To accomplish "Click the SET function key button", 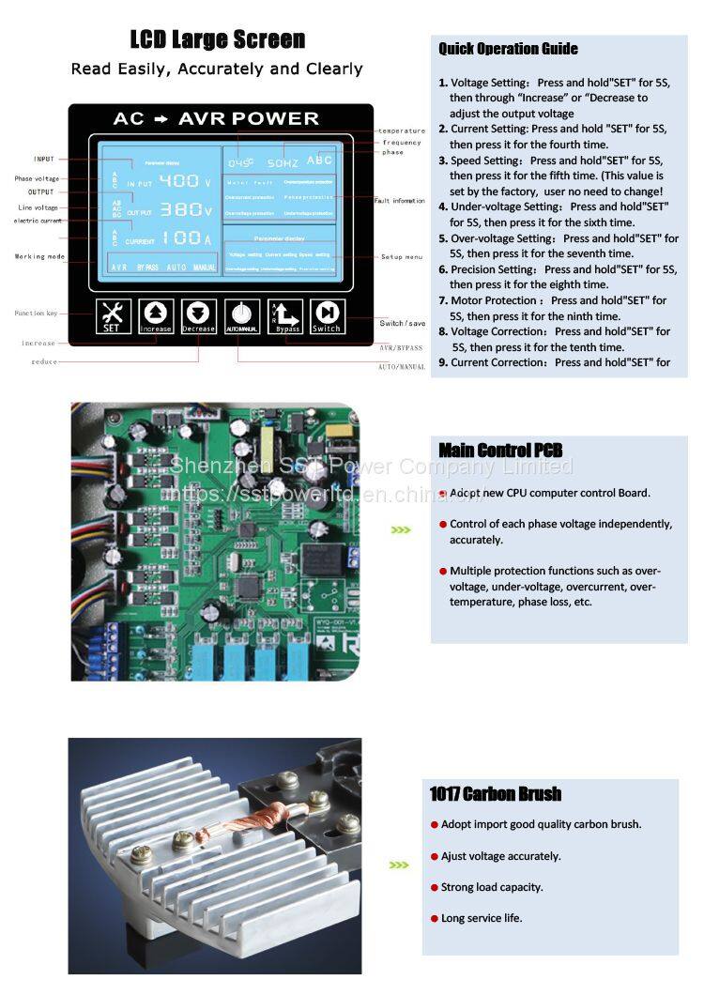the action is [111, 316].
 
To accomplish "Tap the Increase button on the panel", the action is [155, 316].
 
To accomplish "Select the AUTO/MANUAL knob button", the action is [241, 316].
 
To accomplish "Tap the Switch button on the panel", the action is [327, 316].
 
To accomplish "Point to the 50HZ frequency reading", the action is [282, 161].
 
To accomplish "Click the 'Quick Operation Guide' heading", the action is [508, 49].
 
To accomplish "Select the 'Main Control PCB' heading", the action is [500, 450].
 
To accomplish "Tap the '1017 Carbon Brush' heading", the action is [495, 794].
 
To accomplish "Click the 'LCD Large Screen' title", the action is [217, 39].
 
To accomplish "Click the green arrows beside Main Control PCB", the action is [401, 530].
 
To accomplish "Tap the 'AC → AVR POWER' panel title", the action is [216, 119].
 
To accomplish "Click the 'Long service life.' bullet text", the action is [482, 918].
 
